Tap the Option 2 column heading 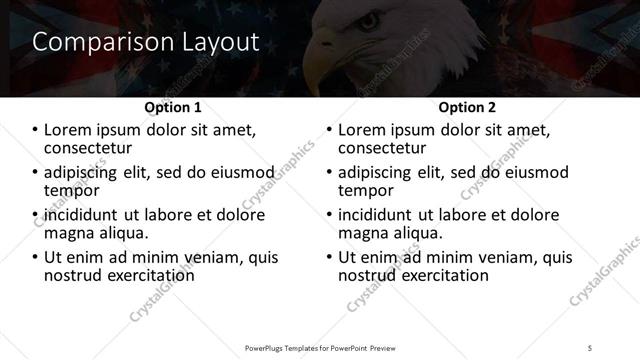pyautogui.click(x=468, y=107)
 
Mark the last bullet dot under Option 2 pyautogui.click(x=329, y=257)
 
